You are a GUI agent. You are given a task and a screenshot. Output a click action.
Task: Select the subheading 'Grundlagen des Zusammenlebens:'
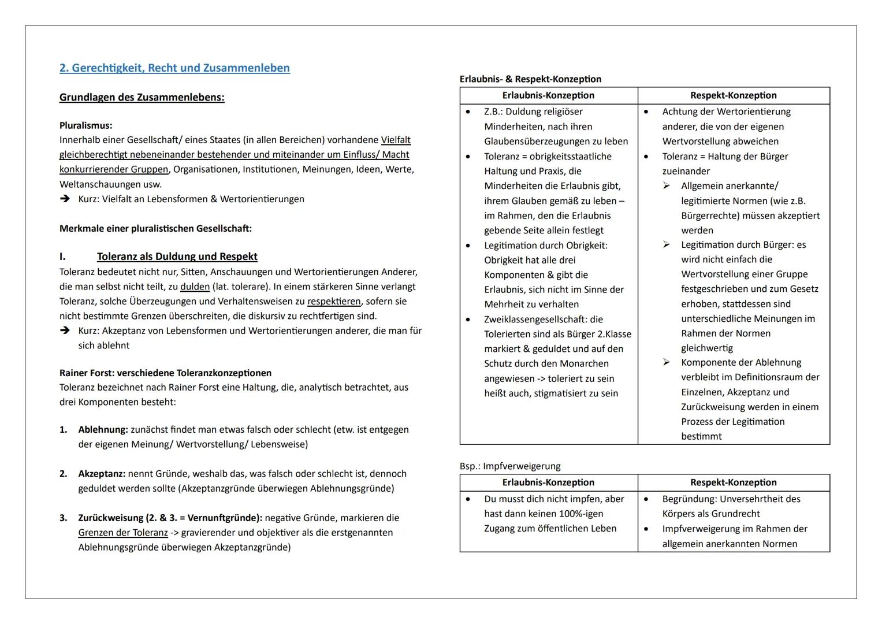[142, 97]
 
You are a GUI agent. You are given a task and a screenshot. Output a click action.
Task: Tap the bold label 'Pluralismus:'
[85, 125]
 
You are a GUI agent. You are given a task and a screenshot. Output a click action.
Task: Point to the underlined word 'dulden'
[195, 287]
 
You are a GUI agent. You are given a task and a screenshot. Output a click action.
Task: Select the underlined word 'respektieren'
[334, 302]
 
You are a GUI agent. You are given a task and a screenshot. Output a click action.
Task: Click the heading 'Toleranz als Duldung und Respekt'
[177, 257]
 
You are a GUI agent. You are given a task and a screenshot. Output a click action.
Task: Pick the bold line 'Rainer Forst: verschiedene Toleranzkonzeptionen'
[165, 373]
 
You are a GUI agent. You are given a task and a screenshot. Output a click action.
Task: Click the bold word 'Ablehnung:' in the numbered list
[103, 430]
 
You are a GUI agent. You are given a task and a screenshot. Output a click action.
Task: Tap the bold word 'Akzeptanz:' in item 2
[102, 474]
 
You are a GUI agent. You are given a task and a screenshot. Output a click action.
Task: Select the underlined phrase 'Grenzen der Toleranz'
[123, 533]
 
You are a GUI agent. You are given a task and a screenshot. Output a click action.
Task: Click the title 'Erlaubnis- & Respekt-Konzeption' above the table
[530, 79]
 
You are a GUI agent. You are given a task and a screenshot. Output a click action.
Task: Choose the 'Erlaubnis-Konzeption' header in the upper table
[548, 95]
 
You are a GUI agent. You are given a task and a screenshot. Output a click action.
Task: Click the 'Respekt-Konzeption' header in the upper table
[733, 95]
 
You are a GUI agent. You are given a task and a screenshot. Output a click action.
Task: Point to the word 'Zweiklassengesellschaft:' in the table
[535, 320]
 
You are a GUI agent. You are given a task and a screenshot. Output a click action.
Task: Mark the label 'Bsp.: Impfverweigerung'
[509, 466]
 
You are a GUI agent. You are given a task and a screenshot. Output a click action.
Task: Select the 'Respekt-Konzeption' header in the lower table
[733, 482]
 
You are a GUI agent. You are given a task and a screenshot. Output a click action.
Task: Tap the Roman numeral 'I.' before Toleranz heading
[62, 257]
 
